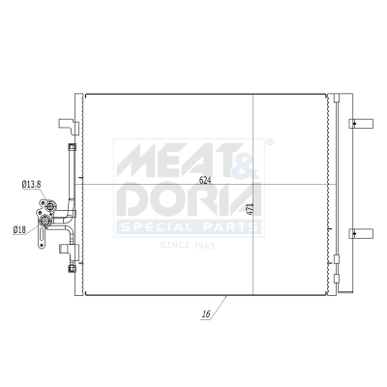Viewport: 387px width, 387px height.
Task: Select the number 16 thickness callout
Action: (x=207, y=314)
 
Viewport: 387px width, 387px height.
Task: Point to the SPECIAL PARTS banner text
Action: (x=189, y=228)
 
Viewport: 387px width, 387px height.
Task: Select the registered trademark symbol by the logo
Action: (x=269, y=143)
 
